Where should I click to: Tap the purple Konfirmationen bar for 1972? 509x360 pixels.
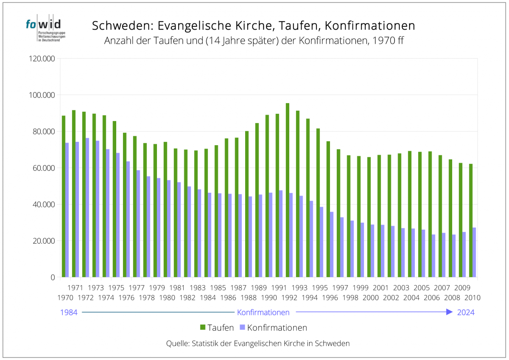[87, 208]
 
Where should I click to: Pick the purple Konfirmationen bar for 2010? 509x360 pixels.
[474, 252]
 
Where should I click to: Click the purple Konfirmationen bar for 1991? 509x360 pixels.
[281, 233]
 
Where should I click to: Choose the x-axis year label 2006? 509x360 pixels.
[432, 298]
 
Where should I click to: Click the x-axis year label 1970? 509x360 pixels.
[65, 298]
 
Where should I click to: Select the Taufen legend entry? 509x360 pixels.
[216, 328]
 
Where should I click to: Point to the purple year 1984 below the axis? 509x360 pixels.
[69, 312]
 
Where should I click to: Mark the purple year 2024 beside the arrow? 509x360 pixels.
[466, 312]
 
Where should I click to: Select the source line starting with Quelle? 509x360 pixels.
[258, 343]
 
